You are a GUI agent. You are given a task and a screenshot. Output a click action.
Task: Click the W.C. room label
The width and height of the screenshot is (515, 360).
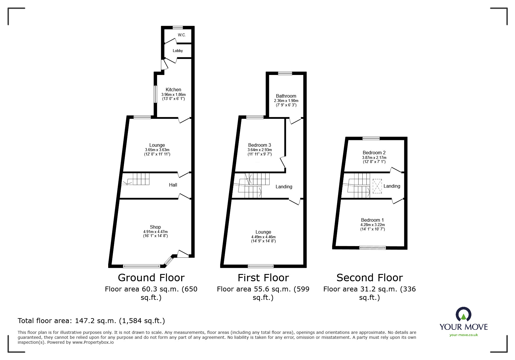(181, 35)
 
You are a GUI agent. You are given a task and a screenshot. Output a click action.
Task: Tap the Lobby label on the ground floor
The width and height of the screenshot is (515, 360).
(178, 51)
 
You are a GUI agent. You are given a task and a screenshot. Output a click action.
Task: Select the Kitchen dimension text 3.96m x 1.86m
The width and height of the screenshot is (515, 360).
(173, 95)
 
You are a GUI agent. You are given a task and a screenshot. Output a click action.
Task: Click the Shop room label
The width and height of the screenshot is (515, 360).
(155, 227)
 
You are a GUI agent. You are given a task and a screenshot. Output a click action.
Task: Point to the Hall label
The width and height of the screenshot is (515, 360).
(173, 185)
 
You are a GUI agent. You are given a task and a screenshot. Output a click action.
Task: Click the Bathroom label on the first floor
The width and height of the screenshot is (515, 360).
(286, 96)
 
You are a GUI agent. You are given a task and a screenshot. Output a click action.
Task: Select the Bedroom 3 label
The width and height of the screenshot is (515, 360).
(259, 145)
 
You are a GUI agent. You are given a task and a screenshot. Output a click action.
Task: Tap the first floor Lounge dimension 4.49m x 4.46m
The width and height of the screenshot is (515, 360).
(263, 237)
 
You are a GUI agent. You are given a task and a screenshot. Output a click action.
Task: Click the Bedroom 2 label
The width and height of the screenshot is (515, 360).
(374, 153)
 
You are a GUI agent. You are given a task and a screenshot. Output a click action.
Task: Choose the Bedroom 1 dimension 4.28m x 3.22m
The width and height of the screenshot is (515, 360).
(373, 225)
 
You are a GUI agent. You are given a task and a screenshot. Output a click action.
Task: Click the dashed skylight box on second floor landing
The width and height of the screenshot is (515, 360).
(377, 186)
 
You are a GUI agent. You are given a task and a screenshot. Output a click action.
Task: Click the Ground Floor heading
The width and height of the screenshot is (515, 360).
(151, 278)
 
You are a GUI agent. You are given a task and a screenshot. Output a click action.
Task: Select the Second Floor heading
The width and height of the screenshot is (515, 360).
(369, 278)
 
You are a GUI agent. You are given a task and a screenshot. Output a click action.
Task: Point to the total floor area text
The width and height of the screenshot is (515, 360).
(91, 321)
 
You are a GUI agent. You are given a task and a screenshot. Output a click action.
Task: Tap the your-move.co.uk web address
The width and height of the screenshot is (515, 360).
(464, 335)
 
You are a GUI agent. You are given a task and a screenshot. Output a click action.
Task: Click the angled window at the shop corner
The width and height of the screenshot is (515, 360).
(168, 261)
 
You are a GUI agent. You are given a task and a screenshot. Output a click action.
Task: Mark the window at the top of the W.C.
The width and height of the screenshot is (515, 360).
(178, 28)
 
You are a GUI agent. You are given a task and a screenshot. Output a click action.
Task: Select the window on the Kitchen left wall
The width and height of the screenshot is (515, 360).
(155, 94)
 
